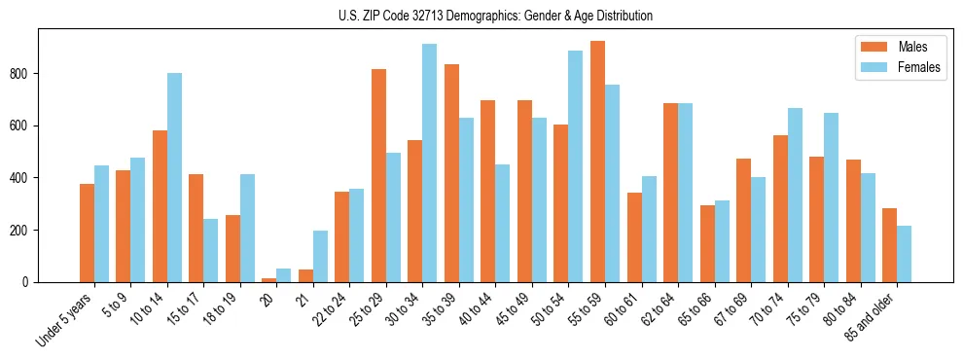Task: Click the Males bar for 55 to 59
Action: tap(597, 162)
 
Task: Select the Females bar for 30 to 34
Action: tap(429, 163)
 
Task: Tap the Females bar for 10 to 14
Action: tap(174, 178)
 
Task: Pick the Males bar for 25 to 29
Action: tap(378, 176)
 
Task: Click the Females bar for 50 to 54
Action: tap(575, 166)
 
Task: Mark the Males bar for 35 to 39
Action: tap(451, 173)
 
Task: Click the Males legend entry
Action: tap(891, 47)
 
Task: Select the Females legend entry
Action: tap(891, 67)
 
